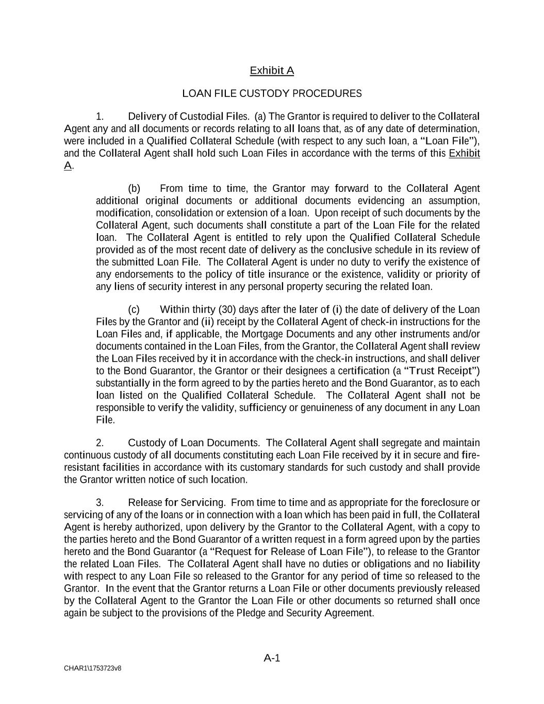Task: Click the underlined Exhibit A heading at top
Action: click(x=272, y=71)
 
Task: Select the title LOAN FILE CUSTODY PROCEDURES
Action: click(x=272, y=93)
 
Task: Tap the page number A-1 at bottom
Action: click(x=272, y=658)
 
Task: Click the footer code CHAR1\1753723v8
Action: click(x=93, y=668)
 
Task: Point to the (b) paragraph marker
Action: click(x=134, y=188)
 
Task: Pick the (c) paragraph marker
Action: click(x=134, y=309)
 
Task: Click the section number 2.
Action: click(x=100, y=443)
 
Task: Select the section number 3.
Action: click(x=100, y=502)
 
